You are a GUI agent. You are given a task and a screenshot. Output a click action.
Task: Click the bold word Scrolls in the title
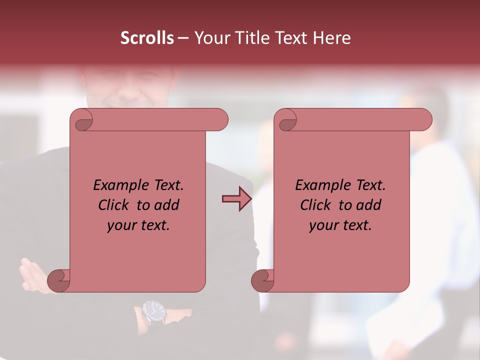pos(147,38)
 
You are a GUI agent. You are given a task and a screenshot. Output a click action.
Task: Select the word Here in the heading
pos(331,38)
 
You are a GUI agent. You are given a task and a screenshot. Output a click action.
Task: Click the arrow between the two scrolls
pos(237,199)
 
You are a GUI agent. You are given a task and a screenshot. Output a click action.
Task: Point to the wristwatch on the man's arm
pos(153,312)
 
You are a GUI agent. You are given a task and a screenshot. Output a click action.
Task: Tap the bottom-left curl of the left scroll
pos(58,279)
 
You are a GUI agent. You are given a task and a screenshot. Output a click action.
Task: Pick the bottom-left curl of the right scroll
pos(262,279)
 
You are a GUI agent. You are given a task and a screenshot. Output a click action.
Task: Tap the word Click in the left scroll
pos(113,205)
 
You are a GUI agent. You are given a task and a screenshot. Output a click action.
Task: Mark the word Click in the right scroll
pos(315,205)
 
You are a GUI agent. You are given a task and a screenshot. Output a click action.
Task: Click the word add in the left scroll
pos(167,205)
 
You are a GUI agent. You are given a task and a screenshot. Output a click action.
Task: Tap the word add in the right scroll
pos(369,205)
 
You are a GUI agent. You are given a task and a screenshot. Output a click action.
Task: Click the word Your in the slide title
pos(210,38)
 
